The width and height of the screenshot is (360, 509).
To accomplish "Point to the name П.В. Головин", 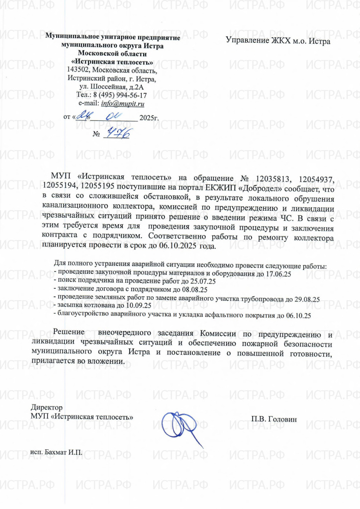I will click(274, 420).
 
